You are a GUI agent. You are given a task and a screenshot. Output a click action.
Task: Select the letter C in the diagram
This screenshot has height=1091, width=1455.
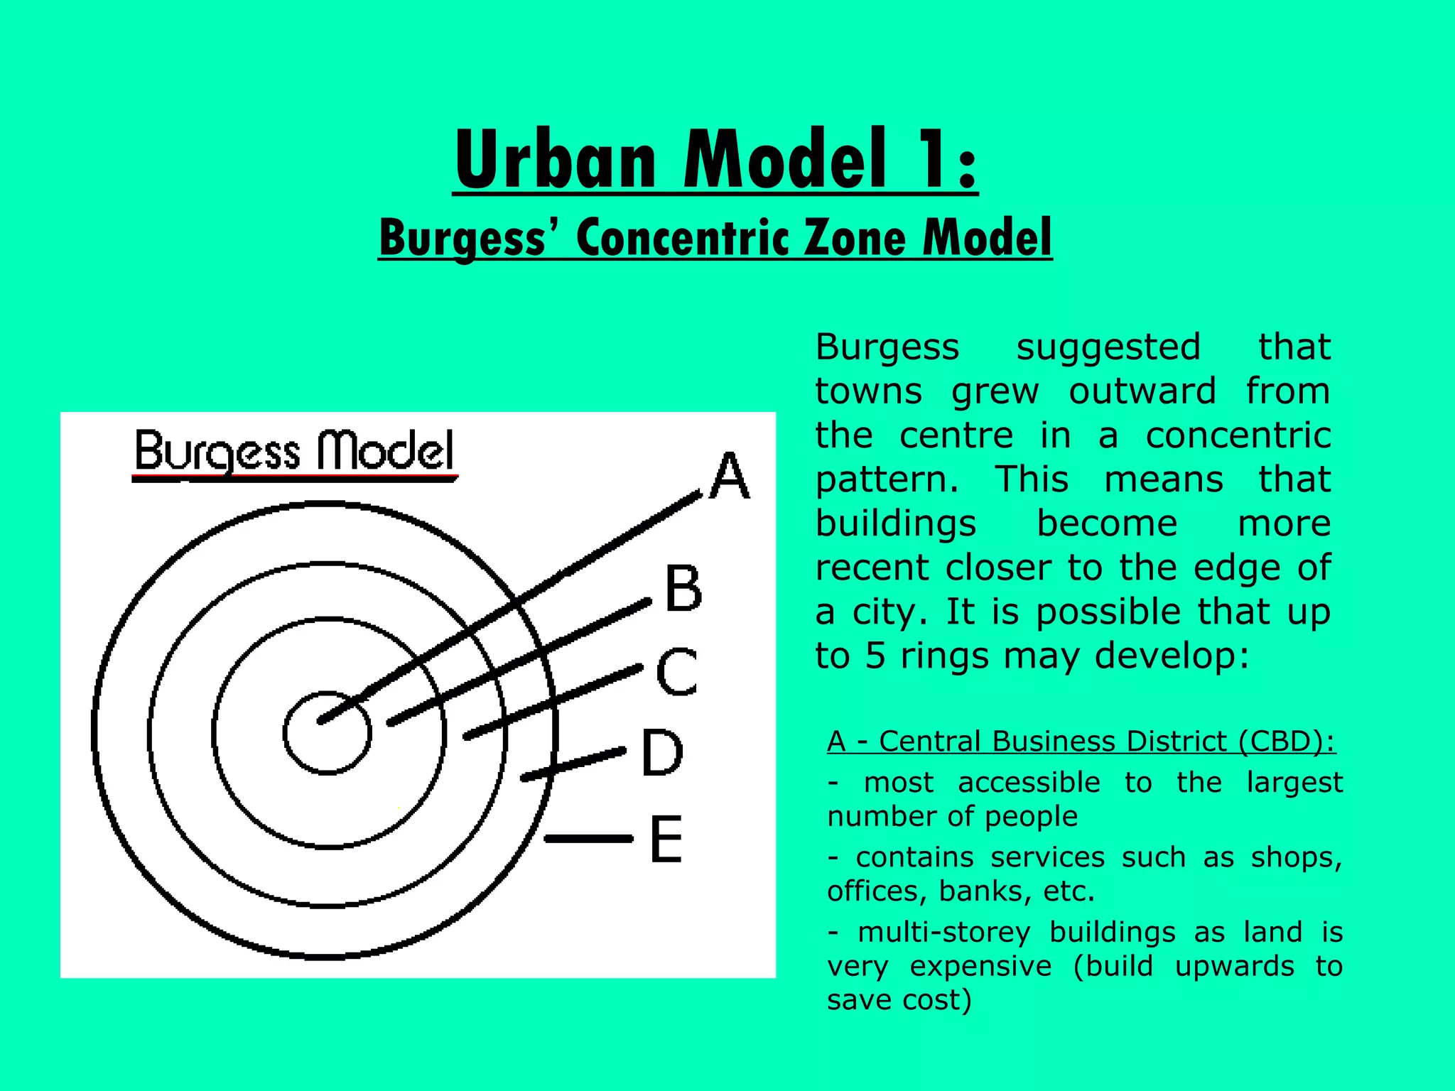[676, 671]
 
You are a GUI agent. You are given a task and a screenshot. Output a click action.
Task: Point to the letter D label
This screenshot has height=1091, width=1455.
[662, 752]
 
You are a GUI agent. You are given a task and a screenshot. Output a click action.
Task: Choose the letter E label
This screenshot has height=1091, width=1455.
[666, 839]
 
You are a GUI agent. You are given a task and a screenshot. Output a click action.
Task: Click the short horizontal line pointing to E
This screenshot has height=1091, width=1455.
[588, 839]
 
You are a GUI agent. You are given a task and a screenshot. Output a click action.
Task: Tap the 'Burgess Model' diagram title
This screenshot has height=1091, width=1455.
[294, 452]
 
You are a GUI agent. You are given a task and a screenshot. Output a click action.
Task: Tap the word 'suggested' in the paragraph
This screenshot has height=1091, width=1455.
[1108, 347]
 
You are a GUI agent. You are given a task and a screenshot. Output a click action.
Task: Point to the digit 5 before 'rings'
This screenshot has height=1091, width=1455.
[875, 656]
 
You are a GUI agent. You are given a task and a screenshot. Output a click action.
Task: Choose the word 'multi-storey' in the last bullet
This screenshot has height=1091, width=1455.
[944, 932]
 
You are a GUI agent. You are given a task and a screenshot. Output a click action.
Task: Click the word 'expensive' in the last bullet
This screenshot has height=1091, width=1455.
[980, 966]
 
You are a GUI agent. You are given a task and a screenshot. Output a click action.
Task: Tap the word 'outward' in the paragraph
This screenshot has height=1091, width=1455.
[1142, 391]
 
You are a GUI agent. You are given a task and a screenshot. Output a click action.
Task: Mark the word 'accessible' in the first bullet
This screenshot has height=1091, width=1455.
[1029, 783]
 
